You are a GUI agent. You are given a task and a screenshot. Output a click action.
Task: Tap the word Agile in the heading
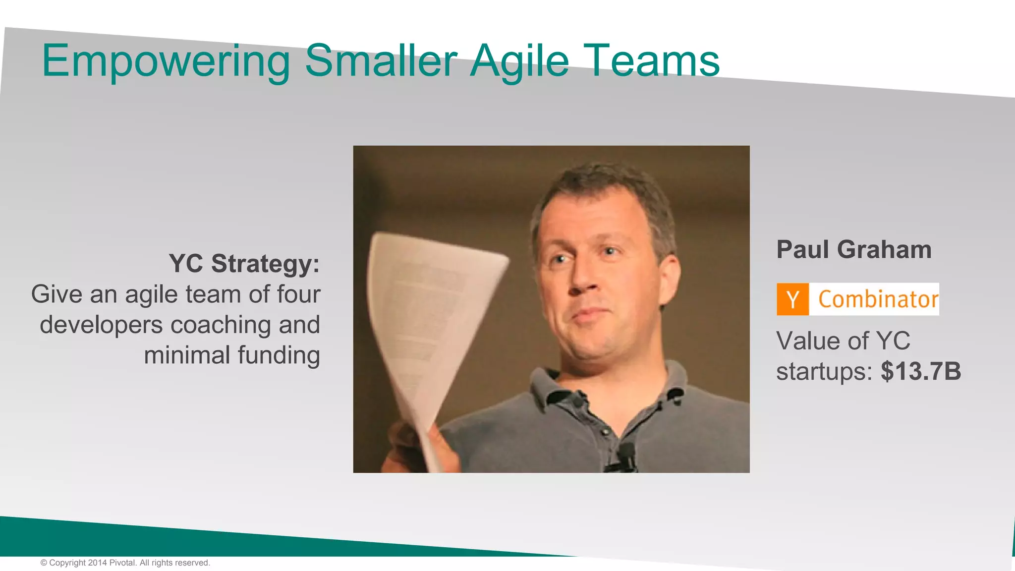coord(519,61)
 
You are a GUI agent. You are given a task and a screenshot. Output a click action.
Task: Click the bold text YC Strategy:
coord(244,263)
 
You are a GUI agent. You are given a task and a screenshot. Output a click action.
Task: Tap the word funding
coord(279,355)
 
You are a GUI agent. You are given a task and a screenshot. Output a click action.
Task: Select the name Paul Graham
coord(853,249)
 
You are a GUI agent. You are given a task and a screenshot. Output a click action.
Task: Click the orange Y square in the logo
coord(792,299)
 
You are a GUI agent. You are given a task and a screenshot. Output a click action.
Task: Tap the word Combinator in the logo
coord(878,299)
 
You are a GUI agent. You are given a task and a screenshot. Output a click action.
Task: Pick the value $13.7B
coord(921,371)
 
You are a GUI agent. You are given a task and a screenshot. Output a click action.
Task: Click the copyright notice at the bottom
coord(125,563)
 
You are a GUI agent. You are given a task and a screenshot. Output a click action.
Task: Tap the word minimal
coord(187,355)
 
